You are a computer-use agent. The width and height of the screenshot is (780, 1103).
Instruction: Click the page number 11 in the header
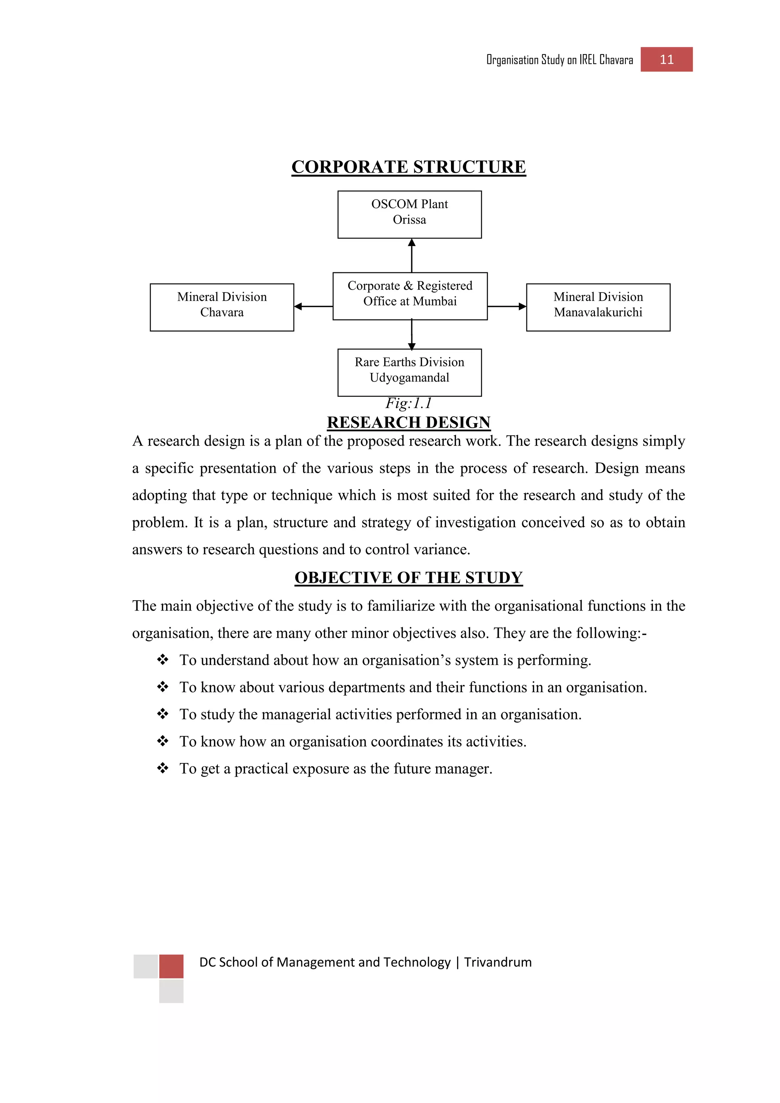pyautogui.click(x=666, y=59)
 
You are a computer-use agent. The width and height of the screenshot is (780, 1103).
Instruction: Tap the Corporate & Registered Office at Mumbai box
pyautogui.click(x=410, y=296)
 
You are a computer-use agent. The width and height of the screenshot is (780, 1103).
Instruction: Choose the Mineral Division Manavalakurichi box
pyautogui.click(x=598, y=307)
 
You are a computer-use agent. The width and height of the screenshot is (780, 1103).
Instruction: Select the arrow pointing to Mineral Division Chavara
pyautogui.click(x=313, y=306)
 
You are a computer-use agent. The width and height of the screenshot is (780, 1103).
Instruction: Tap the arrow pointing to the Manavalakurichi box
pyautogui.click(x=507, y=306)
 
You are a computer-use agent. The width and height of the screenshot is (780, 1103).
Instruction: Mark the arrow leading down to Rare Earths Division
pyautogui.click(x=412, y=334)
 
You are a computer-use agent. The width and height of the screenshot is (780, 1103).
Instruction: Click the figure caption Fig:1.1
pyautogui.click(x=409, y=403)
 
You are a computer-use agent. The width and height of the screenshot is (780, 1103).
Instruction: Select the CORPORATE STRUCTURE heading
pyautogui.click(x=409, y=167)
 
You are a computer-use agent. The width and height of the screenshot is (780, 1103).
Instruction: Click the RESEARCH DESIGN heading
pyautogui.click(x=409, y=422)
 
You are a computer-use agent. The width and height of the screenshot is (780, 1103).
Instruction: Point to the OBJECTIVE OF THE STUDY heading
pyautogui.click(x=409, y=577)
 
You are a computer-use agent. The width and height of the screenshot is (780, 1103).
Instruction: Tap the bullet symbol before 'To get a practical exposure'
pyautogui.click(x=163, y=768)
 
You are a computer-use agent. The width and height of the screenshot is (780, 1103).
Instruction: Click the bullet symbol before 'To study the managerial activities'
pyautogui.click(x=163, y=714)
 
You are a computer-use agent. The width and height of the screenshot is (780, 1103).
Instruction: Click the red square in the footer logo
pyautogui.click(x=171, y=966)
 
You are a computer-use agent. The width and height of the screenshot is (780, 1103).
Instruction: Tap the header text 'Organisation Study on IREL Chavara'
pyautogui.click(x=559, y=59)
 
